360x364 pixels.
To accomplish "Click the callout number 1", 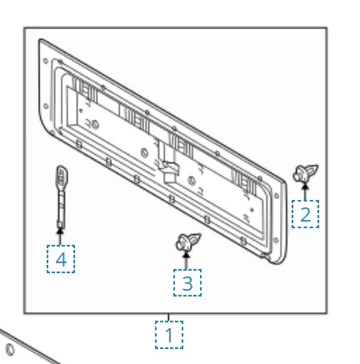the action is (169, 335).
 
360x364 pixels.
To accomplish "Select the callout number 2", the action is (306, 214).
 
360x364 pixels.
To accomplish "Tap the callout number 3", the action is (187, 283).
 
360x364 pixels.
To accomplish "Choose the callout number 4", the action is (61, 259).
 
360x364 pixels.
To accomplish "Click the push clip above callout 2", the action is (306, 173).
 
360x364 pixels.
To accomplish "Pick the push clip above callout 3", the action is (188, 242).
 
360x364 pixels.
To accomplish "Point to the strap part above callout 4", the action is (61, 197).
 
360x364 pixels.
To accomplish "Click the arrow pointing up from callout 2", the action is (305, 192).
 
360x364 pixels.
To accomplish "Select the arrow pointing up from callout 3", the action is (186, 260).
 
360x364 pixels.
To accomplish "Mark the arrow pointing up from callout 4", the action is (60, 237).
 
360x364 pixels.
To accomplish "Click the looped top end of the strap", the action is (62, 175).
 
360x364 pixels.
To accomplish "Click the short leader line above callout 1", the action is (168, 317).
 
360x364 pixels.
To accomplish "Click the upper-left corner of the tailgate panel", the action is (41, 41).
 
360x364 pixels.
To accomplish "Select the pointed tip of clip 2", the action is (317, 167).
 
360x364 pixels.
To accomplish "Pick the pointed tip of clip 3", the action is (200, 235).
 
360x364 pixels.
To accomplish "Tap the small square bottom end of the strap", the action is (60, 224).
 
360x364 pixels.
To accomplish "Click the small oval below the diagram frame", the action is (10, 350).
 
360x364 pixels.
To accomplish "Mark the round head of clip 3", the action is (182, 243).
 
